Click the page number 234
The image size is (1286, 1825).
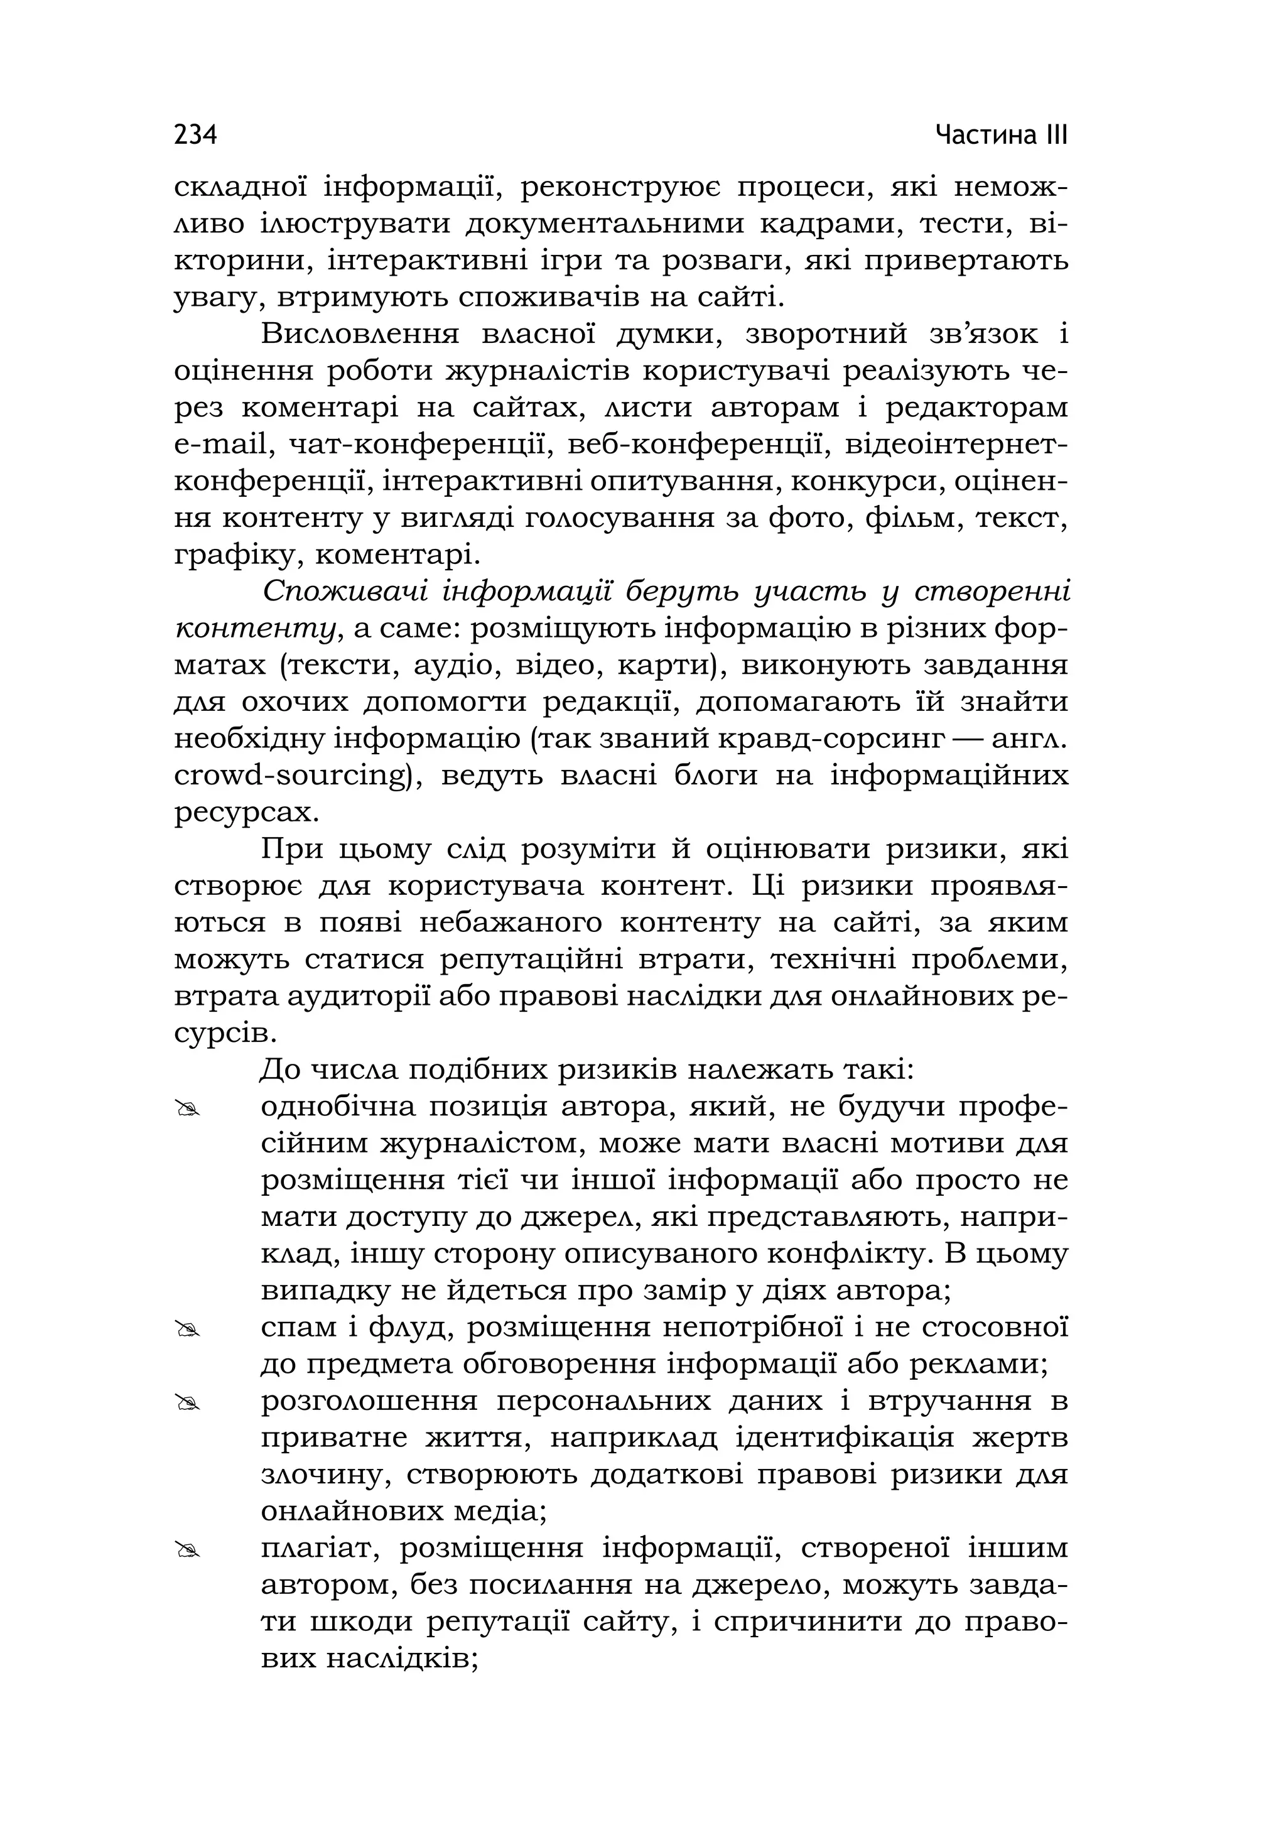[x=195, y=134]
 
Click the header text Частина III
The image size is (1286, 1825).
[x=1001, y=134]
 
